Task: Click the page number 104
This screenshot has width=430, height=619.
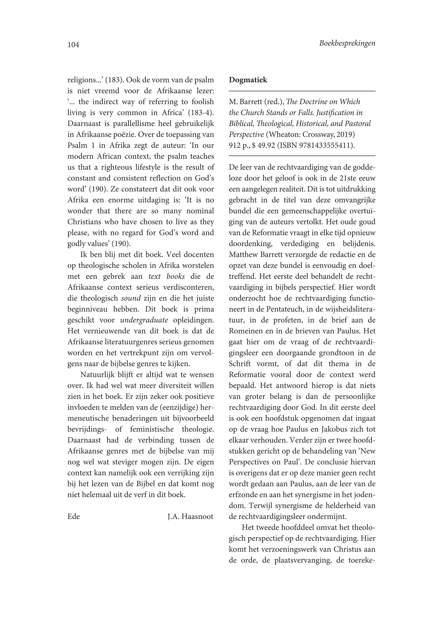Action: [x=73, y=45]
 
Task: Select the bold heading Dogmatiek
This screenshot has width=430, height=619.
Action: [x=248, y=80]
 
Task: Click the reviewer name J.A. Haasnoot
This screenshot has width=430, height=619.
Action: [x=190, y=517]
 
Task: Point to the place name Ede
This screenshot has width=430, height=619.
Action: [x=74, y=517]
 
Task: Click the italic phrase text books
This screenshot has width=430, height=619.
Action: [x=166, y=276]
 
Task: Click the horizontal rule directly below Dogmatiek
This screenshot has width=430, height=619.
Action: [x=302, y=91]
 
